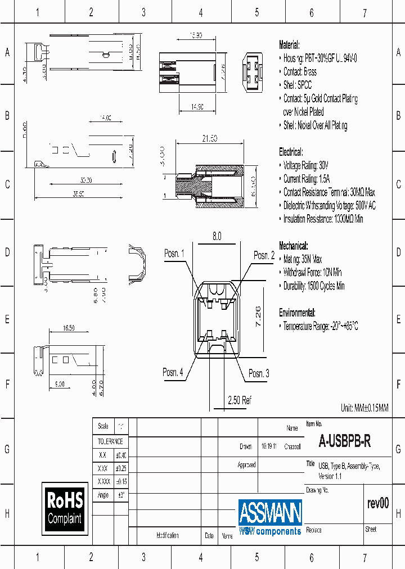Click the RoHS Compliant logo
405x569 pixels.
pos(65,508)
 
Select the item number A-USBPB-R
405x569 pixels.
pos(344,442)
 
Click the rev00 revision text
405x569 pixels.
pos(377,503)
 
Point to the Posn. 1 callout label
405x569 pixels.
pos(174,254)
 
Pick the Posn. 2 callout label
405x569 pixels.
pos(264,255)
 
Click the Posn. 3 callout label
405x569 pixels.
pos(259,373)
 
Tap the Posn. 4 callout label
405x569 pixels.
pos(173,372)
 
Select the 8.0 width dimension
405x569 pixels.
pos(217,237)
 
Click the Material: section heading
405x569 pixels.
pos(290,45)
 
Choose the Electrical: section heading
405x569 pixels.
pos(291,152)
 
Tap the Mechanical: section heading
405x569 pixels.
pos(293,246)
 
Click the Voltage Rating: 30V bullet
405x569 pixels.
pos(305,165)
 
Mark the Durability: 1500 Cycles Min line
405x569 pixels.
pos(313,286)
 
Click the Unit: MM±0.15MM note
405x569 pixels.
pos(364,408)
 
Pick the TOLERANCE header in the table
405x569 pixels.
pos(110,441)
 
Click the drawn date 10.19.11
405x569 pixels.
pos(268,446)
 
